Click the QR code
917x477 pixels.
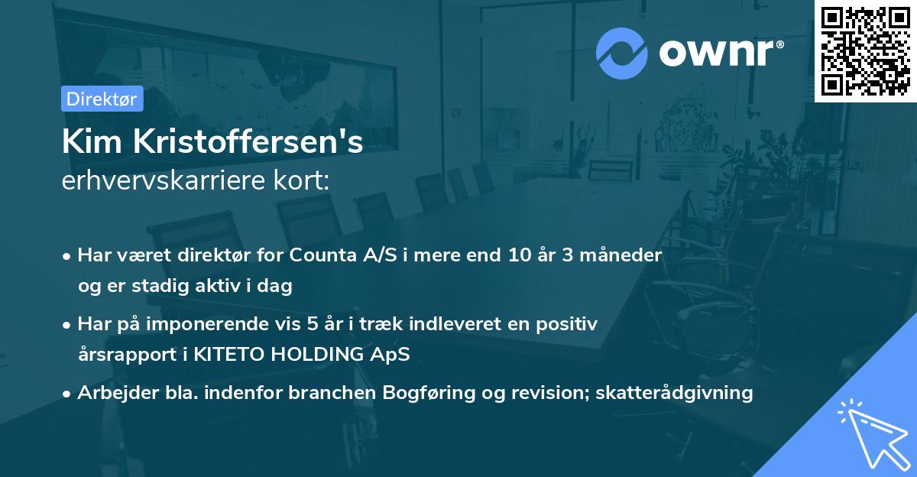[x=865, y=51]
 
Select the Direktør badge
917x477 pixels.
[x=102, y=99]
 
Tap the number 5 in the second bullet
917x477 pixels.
[x=313, y=324]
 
